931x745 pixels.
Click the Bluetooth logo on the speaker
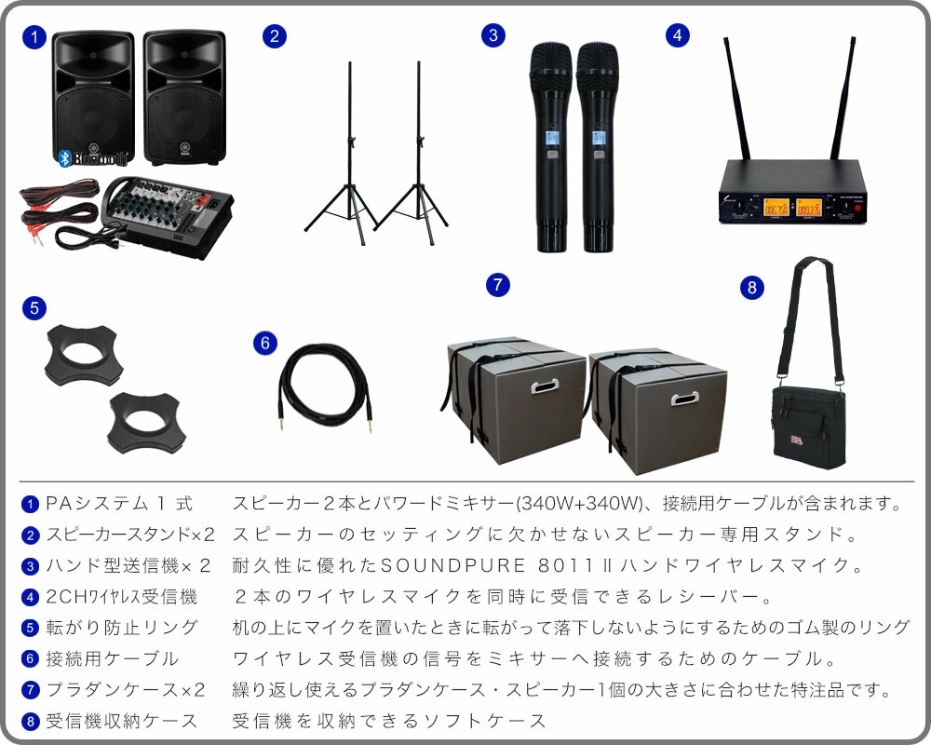(x=92, y=158)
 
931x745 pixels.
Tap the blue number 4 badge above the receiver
(x=678, y=35)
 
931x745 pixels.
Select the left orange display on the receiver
(x=776, y=207)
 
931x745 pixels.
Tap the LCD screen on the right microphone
(x=598, y=138)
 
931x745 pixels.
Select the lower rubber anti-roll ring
(x=146, y=423)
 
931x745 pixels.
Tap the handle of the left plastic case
(x=545, y=386)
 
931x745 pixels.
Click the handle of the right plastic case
(x=684, y=398)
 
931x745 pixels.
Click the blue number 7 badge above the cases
(x=497, y=285)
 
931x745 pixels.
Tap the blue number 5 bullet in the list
(x=30, y=628)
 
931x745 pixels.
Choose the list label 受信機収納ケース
(x=122, y=721)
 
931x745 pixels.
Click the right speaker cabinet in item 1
(x=184, y=98)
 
